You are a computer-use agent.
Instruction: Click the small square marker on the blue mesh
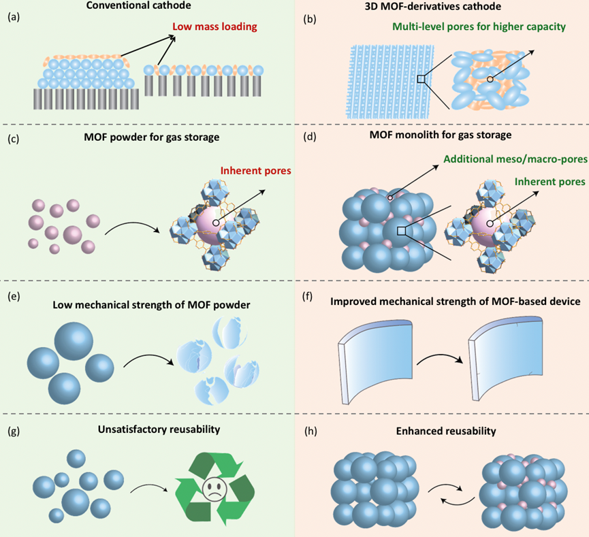[x=422, y=80]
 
